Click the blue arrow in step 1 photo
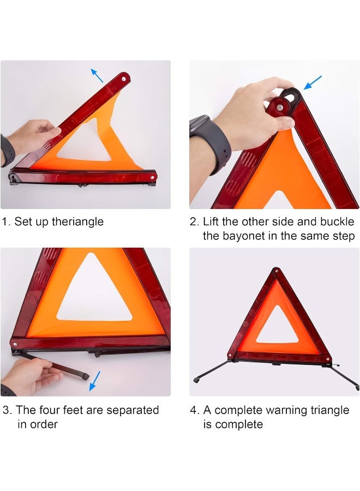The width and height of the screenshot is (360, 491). (x=97, y=75)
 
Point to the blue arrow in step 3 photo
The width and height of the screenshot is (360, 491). (x=95, y=381)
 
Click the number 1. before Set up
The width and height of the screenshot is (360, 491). (x=6, y=222)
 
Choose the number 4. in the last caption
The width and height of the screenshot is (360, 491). (x=194, y=410)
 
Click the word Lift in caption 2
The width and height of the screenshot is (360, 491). (x=213, y=222)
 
